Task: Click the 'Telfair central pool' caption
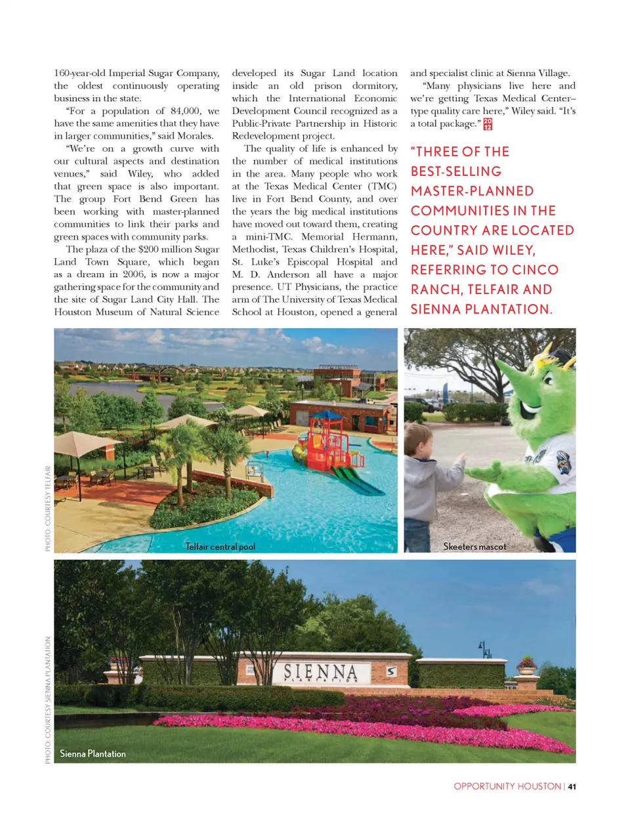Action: point(220,547)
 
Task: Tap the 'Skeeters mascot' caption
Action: point(474,547)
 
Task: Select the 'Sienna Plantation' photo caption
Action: point(93,754)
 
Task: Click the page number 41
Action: point(572,786)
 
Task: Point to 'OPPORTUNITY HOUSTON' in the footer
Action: point(507,786)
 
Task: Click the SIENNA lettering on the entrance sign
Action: point(321,671)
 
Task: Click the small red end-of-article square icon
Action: point(488,124)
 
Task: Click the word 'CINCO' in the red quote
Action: point(535,270)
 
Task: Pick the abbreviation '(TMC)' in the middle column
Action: point(383,186)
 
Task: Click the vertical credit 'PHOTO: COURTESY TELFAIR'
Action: point(48,509)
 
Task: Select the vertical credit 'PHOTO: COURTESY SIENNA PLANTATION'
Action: point(48,700)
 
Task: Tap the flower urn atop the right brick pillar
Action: point(526,663)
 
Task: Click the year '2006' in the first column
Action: point(136,274)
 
